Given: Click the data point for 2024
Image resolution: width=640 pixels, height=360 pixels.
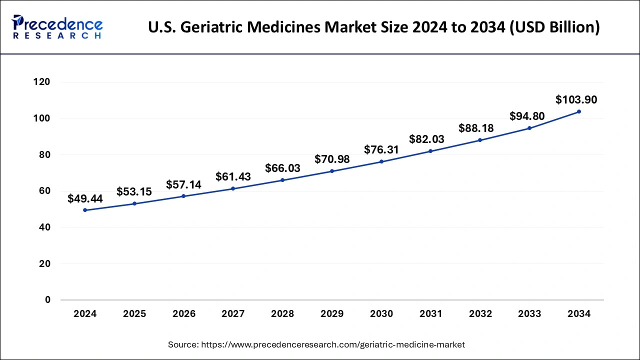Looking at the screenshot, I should (x=85, y=210).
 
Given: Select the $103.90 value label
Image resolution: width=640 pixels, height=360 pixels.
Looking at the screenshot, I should (x=576, y=100).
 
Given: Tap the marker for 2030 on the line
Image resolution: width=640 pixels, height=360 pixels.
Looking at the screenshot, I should (x=381, y=161).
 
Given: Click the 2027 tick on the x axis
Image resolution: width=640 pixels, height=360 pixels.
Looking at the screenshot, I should (x=233, y=314).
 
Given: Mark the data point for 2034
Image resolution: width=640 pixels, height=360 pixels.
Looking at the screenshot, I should (x=579, y=111).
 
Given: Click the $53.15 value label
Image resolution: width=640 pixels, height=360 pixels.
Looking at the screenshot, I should (x=134, y=192).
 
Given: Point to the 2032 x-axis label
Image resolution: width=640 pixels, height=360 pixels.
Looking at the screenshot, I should (x=480, y=314).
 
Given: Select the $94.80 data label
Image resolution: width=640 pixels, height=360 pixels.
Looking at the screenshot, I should (x=527, y=116).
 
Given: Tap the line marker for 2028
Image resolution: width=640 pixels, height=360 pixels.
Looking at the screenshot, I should (x=282, y=180).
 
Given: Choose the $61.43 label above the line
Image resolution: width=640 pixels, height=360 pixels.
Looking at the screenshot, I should (x=233, y=176).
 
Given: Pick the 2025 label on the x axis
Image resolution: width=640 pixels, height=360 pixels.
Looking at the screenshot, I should (x=134, y=314).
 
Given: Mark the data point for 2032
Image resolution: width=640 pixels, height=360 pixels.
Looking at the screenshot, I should (x=480, y=140).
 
